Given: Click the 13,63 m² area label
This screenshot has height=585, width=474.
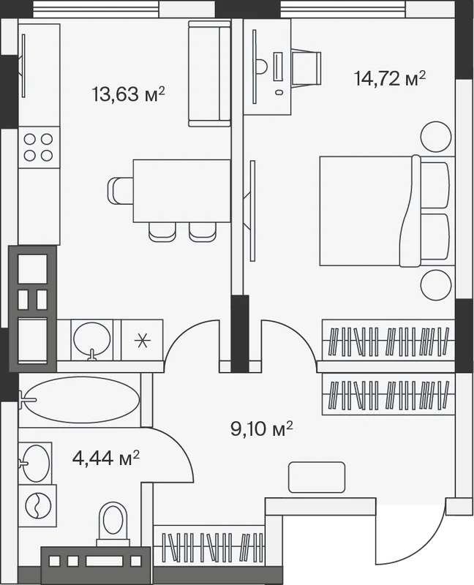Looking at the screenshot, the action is click(128, 94).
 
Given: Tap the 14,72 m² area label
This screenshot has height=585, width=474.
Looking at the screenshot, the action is click(390, 78).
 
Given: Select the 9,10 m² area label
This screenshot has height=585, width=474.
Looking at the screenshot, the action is click(262, 429).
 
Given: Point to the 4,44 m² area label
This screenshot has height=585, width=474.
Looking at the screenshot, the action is click(106, 458).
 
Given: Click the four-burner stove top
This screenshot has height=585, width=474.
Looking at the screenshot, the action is click(39, 148).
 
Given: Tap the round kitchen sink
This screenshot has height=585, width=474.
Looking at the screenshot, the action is click(92, 339).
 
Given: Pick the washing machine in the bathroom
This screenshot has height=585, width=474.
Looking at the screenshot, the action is click(37, 506).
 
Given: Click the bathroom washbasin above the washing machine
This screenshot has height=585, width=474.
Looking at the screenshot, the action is click(35, 463).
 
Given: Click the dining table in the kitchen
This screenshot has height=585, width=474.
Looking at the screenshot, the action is click(181, 191).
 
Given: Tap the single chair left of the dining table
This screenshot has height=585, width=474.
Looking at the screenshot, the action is click(121, 190).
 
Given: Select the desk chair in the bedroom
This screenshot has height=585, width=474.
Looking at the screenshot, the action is click(306, 68).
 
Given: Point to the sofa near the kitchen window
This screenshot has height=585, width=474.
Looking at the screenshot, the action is click(209, 74).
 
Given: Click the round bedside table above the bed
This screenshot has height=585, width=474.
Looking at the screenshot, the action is click(436, 137).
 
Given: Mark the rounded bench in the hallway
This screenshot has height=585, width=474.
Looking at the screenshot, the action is click(317, 478).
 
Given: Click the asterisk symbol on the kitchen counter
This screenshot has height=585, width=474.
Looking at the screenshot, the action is click(142, 341).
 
